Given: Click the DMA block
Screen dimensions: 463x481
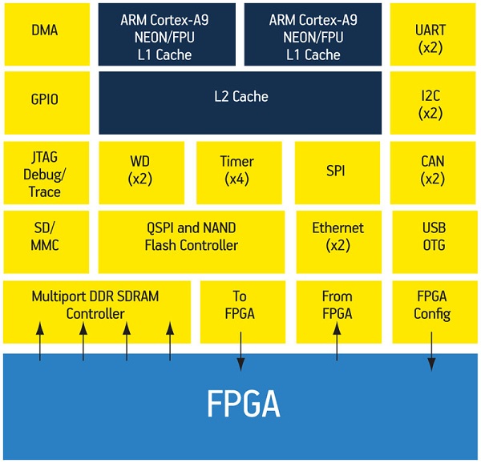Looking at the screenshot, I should click(45, 32).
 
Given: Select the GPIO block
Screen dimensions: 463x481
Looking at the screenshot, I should click(45, 101).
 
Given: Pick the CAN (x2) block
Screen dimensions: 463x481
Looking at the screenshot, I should click(430, 171).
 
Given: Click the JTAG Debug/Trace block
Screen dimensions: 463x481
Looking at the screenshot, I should click(45, 171).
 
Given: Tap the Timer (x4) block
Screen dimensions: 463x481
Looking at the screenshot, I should click(236, 171).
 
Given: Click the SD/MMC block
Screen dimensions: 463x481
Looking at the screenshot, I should click(45, 236).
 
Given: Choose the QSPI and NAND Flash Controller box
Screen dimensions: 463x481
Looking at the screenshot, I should click(191, 236).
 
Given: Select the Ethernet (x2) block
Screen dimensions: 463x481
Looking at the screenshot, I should click(338, 236).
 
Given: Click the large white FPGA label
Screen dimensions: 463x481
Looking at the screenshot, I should click(240, 405).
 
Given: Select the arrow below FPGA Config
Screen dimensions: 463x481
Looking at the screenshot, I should click(431, 345).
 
